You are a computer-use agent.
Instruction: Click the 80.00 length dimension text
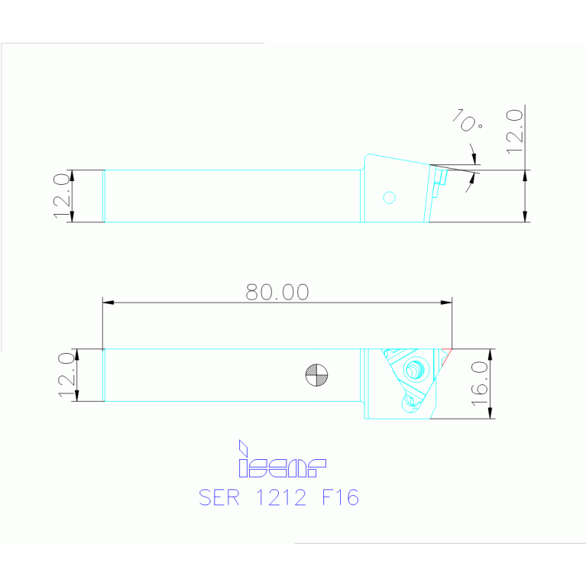[x=277, y=292]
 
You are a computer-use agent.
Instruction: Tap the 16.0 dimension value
[x=481, y=384]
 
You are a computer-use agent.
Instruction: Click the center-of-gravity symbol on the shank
[x=316, y=374]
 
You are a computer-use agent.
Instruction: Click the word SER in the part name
[x=219, y=497]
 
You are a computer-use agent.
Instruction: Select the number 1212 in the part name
[x=280, y=497]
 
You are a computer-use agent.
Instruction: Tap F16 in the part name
[x=340, y=497]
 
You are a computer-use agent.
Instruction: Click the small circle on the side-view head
[x=390, y=198]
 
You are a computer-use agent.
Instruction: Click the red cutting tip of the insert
[x=448, y=352]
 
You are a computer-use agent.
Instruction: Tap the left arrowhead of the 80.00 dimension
[x=108, y=303]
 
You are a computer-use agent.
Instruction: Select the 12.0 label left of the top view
[x=62, y=196]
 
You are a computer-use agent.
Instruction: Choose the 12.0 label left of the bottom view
[x=66, y=374]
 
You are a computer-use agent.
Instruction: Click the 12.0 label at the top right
[x=514, y=131]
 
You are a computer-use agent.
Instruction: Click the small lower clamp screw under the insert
[x=413, y=400]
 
